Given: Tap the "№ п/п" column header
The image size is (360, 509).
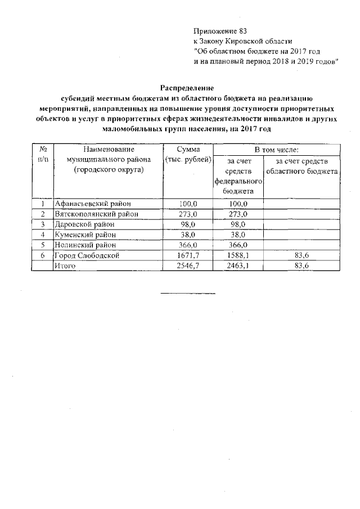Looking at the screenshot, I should pyautogui.click(x=43, y=155).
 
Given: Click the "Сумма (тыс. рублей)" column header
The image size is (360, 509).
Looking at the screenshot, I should pyautogui.click(x=188, y=155).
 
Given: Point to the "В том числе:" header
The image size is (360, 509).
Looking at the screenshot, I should pyautogui.click(x=276, y=150).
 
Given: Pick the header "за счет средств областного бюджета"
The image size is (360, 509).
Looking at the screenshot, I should pyautogui.click(x=302, y=166).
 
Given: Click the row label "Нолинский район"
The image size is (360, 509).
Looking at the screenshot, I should pyautogui.click(x=85, y=245).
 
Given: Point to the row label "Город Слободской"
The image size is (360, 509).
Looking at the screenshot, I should pyautogui.click(x=87, y=255).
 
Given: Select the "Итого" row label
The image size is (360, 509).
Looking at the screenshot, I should pyautogui.click(x=65, y=265).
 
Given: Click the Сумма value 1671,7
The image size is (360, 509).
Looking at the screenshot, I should pyautogui.click(x=188, y=255).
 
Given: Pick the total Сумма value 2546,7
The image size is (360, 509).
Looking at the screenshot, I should pyautogui.click(x=188, y=265).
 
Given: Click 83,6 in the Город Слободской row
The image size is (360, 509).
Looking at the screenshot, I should pyautogui.click(x=302, y=255).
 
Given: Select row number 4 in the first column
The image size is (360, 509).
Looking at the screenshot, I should pyautogui.click(x=43, y=235).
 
